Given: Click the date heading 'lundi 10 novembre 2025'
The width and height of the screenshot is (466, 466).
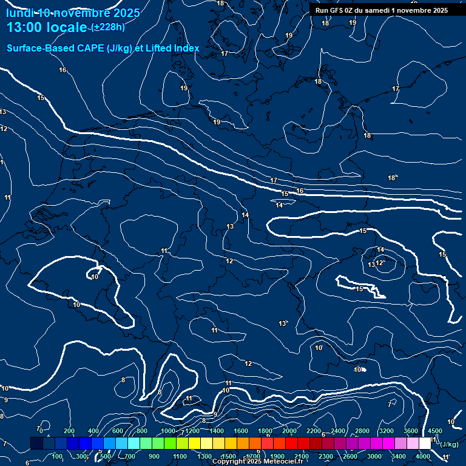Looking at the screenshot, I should click(x=73, y=13).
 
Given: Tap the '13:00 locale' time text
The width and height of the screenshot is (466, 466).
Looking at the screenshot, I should click(x=47, y=27).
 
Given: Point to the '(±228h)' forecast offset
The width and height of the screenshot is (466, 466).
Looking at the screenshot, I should click(x=108, y=27).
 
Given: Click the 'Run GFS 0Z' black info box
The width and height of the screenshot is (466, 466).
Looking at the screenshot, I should click(x=381, y=10).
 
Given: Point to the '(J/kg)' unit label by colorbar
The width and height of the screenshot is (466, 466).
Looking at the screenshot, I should click(x=448, y=444).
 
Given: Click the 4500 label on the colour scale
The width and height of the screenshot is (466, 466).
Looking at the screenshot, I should click(x=435, y=431).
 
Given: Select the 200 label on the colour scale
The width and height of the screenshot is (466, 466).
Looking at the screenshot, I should click(x=69, y=431).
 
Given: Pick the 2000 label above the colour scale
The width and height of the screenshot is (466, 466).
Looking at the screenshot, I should click(x=289, y=431).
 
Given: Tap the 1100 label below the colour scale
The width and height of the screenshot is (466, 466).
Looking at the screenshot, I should click(x=180, y=456).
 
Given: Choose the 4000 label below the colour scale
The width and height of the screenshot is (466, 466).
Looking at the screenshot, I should click(x=424, y=456).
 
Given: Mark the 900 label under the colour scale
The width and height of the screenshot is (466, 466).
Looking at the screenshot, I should click(x=154, y=456).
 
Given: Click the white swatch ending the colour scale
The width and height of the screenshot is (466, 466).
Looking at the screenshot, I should click(x=425, y=444).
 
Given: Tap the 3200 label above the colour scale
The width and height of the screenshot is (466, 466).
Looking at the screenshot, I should click(x=387, y=431).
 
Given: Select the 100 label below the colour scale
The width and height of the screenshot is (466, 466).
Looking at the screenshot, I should click(x=58, y=456).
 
